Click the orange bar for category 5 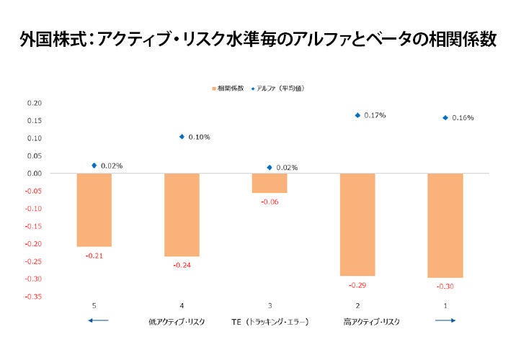(94, 210)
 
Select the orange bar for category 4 (182, 215)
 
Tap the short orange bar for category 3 (270, 183)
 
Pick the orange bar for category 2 (357, 225)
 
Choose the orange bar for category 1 (445, 225)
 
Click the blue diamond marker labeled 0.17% (357, 115)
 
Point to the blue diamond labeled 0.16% (445, 117)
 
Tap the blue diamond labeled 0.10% (182, 136)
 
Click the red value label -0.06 (270, 202)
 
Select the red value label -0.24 (182, 265)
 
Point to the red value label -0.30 (445, 286)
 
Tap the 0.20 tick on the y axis (35, 103)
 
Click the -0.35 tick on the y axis (33, 296)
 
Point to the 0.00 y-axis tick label (35, 174)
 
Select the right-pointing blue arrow (445, 320)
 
